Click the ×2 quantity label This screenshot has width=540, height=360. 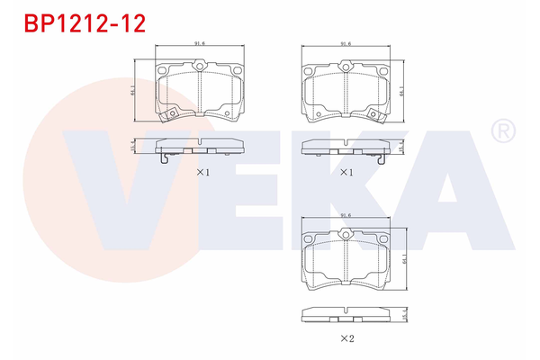(346, 338)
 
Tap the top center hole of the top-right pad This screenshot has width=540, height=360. (346, 66)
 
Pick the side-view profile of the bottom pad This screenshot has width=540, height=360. (346, 314)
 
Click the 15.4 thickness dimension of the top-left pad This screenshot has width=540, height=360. (134, 147)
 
